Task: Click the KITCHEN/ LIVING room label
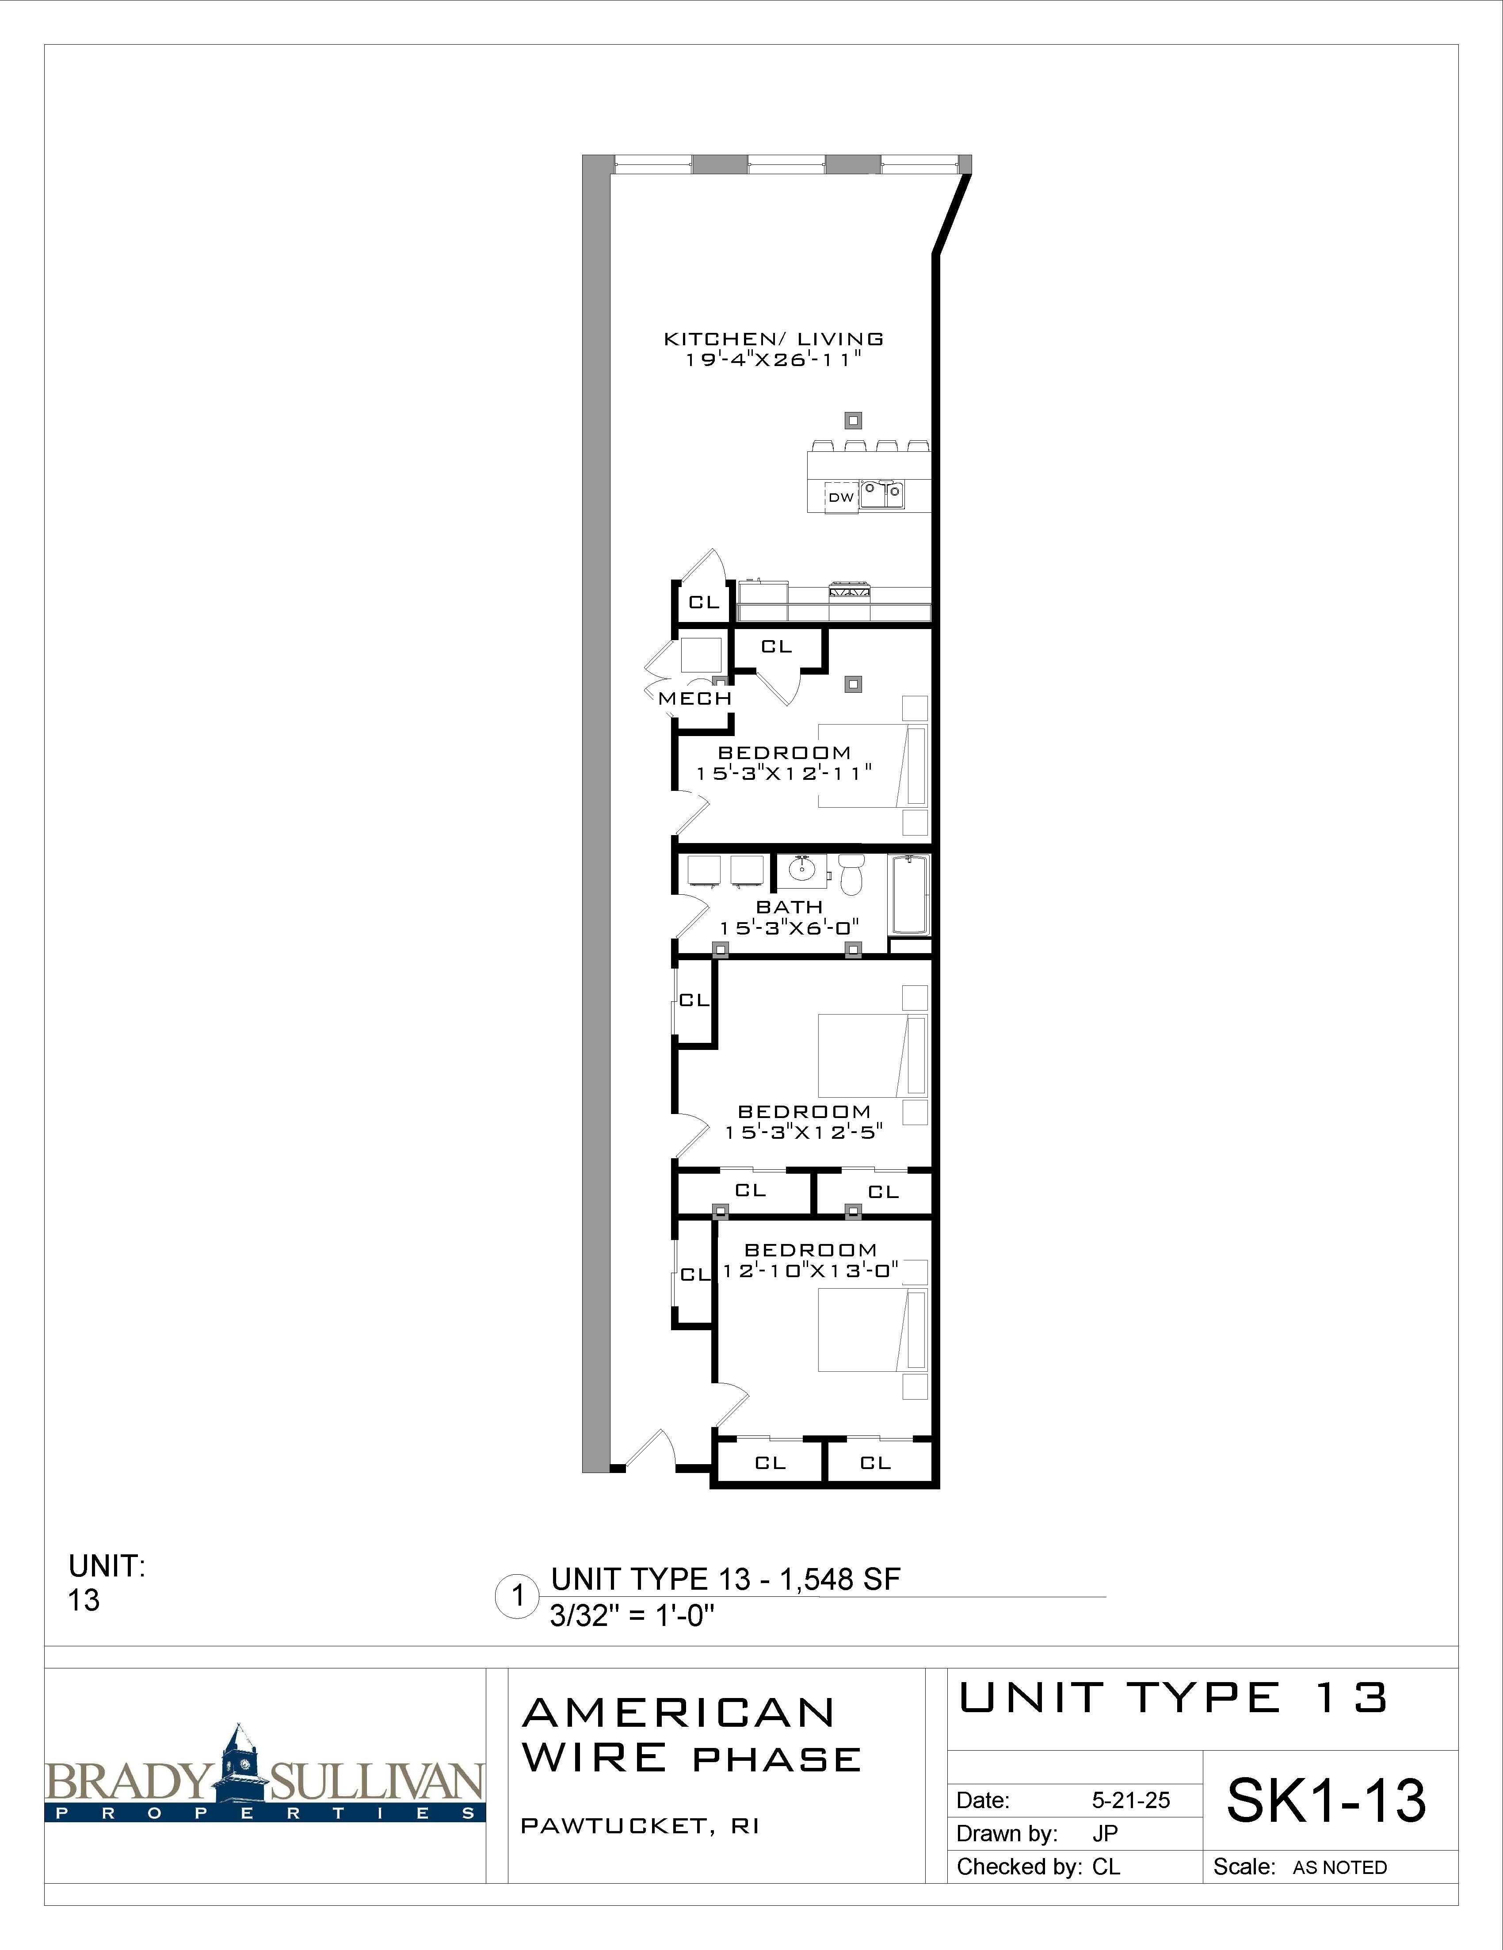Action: [x=773, y=339]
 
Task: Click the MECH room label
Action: [x=695, y=698]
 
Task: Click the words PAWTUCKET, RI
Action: [x=639, y=1826]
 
